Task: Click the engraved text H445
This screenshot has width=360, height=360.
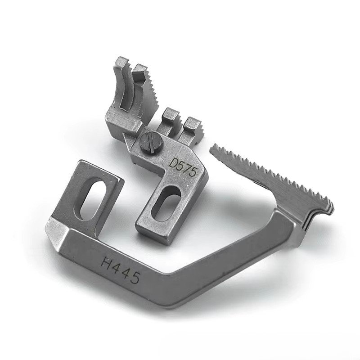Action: [x=120, y=270]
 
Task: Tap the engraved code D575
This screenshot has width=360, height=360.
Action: [x=183, y=166]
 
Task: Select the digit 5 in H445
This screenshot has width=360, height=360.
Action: [x=134, y=278]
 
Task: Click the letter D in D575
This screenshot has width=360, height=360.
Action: [x=173, y=162]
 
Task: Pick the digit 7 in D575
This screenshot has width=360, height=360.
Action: [x=185, y=167]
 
